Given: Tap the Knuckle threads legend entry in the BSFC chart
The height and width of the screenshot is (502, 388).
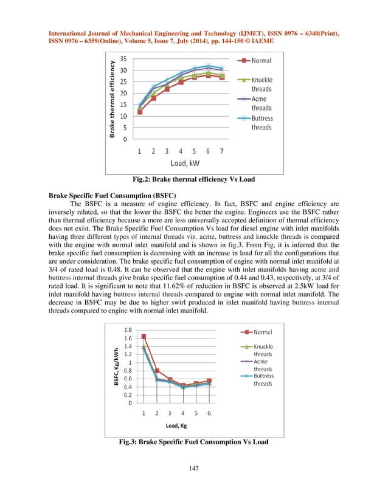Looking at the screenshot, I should tap(263, 350).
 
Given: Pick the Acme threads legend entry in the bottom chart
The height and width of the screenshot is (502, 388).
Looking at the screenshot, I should tap(263, 365).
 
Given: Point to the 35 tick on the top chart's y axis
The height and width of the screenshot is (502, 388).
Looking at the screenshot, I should tap(123, 59).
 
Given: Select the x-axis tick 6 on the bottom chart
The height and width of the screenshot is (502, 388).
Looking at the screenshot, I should tap(209, 413).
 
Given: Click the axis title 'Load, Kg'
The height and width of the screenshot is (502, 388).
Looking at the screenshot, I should tap(176, 425).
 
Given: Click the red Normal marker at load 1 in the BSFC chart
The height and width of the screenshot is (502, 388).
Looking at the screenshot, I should tap(144, 336).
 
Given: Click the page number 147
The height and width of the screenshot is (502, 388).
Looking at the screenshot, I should tap(193, 468).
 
